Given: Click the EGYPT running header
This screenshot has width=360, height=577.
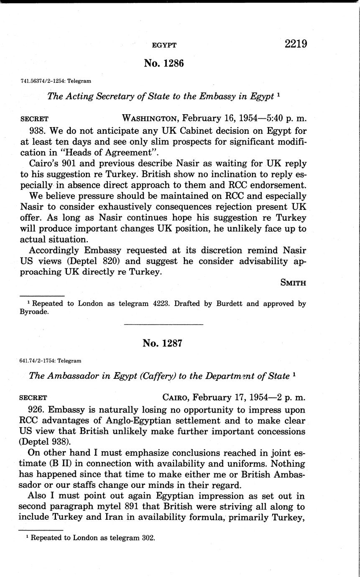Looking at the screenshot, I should tap(164, 45).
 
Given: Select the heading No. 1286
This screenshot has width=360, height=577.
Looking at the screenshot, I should tap(164, 63).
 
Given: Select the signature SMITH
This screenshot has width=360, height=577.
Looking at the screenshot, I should tap(294, 283).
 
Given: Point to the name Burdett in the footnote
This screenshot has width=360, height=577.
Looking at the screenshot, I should tap(229, 304).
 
